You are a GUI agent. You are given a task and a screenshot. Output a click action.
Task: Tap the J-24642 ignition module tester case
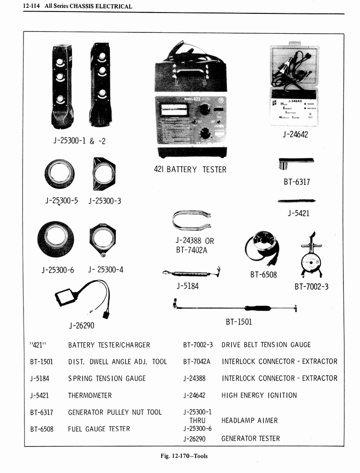tap(294, 85)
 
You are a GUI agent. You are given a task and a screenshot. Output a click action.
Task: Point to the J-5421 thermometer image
tap(296, 201)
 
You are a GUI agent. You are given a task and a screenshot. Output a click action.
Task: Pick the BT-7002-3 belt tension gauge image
tap(311, 256)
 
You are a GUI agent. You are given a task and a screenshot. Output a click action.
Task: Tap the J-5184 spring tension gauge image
tap(191, 273)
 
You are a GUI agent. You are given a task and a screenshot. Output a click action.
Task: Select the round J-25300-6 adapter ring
tap(55, 238)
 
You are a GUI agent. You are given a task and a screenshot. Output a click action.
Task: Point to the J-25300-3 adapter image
tap(104, 174)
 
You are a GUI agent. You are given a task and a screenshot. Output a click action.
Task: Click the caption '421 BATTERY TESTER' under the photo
tap(190, 170)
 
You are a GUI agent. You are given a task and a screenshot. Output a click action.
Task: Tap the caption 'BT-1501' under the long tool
tap(239, 321)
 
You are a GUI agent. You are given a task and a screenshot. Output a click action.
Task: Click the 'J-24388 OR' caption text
tap(194, 241)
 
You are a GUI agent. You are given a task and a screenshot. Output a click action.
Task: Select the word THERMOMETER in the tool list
tap(90, 395)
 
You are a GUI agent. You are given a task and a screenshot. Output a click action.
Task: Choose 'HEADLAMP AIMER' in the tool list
tap(250, 420)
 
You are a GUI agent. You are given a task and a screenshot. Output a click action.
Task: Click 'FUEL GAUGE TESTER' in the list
tap(99, 429)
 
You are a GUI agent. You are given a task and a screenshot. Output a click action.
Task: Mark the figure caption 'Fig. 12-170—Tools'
tap(184, 456)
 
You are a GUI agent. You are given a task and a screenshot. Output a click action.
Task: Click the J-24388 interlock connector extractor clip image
tap(191, 220)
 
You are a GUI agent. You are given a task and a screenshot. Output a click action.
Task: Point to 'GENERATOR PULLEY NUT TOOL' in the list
tap(115, 412)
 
